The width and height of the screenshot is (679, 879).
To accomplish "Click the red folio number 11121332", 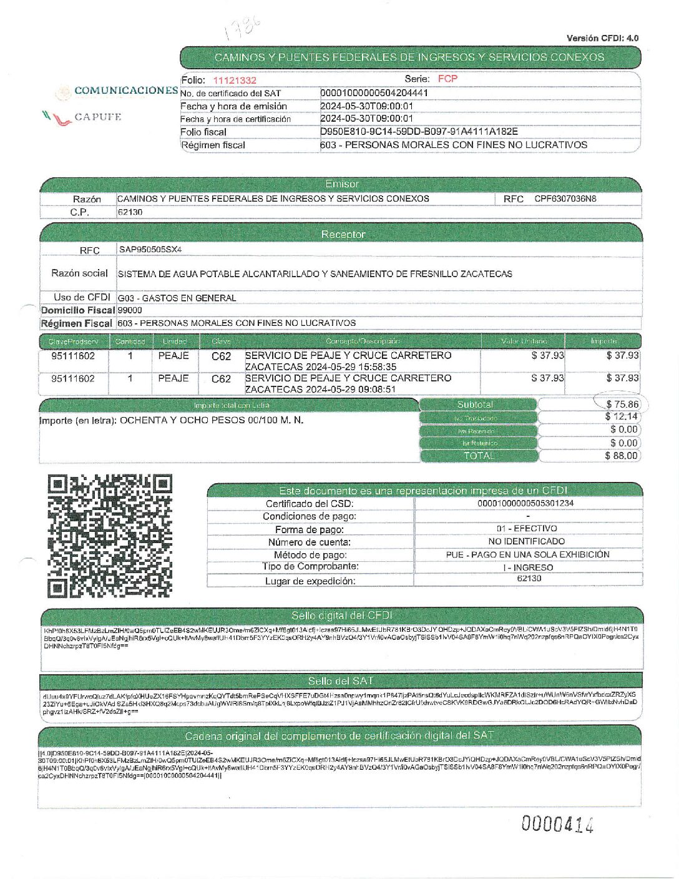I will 234,80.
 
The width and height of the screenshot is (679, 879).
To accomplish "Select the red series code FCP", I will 447,79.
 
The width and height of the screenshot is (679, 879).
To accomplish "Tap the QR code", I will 110,536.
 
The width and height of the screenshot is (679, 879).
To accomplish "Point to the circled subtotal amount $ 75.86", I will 622,405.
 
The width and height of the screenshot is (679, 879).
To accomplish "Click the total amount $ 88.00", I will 621,456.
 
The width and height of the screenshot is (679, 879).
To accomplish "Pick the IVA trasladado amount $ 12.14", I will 621,416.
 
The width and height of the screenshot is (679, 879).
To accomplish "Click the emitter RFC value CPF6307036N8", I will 565,199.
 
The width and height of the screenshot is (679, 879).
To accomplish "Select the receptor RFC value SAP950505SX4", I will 150,250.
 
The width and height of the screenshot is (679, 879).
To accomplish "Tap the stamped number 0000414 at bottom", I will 557,825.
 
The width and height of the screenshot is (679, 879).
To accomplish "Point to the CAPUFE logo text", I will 97,117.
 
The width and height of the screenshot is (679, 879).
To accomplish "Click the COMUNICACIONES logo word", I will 126,91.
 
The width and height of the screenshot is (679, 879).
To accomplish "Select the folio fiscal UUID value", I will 419,132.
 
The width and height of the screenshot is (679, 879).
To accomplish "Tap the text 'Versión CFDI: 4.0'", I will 602,38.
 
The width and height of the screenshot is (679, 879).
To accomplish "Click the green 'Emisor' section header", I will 341,184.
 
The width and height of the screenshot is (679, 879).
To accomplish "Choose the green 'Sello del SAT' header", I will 340,680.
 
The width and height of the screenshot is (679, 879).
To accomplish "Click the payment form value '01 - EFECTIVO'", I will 528,529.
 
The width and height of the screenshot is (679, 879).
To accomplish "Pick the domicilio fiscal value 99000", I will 130,310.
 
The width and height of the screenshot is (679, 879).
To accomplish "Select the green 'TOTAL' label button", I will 479,456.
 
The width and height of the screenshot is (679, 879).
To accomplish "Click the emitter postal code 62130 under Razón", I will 130,212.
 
